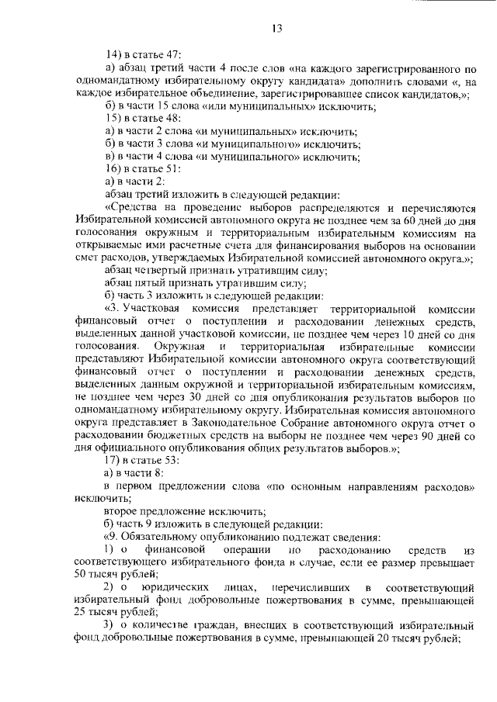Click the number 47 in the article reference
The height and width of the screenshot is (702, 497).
tap(172, 54)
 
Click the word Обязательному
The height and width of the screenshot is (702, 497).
tap(165, 537)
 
